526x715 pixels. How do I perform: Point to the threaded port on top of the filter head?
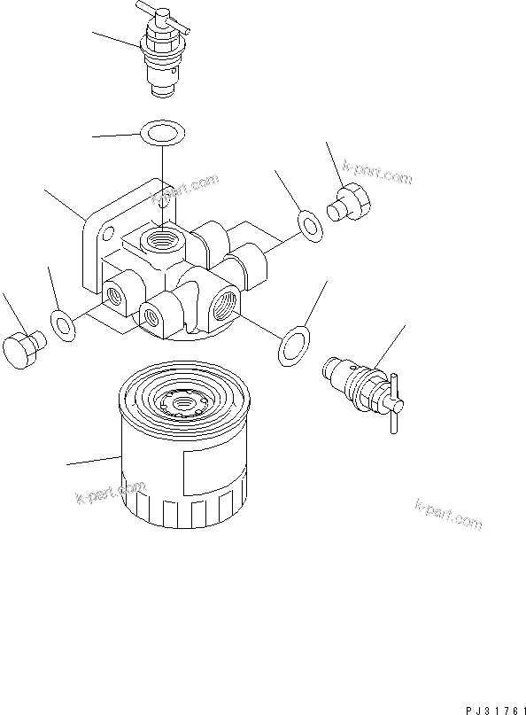[x=164, y=238]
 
